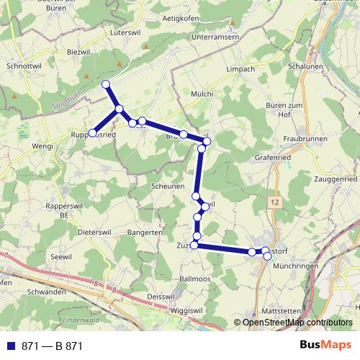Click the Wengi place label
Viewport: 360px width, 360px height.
click(43, 146)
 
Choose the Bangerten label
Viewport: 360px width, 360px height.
click(145, 233)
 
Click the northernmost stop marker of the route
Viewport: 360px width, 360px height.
click(107, 85)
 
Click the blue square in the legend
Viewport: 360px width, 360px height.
click(10, 345)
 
